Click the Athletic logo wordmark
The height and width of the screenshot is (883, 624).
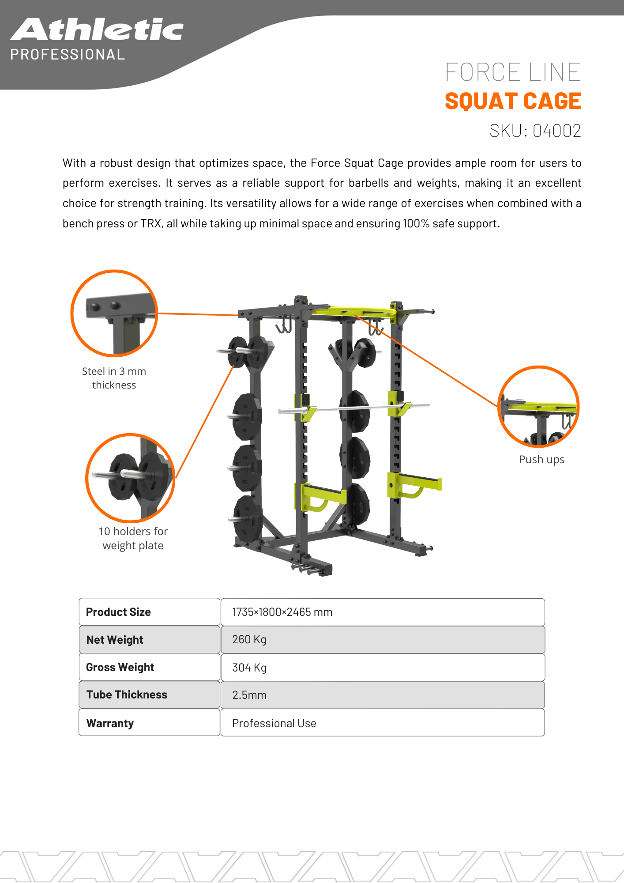point(97,30)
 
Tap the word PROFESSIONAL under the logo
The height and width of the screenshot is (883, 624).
point(68,55)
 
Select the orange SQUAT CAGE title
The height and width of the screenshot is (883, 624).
point(513,101)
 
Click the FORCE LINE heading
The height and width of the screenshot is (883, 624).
point(513,72)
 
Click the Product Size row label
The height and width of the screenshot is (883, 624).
point(118,612)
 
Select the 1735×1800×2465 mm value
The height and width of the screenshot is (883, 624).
point(282,612)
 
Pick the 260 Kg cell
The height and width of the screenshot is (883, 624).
point(249,640)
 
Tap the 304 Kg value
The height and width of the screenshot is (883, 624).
point(249,668)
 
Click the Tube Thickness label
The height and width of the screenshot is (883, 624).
point(127,695)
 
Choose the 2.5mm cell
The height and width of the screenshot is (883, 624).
point(249,695)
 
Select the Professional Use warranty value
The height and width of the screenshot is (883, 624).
point(274,723)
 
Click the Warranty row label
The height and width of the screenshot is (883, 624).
point(110,723)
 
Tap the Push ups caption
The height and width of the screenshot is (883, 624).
point(541,460)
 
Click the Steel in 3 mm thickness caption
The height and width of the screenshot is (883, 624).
point(114,378)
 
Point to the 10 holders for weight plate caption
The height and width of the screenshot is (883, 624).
point(133,538)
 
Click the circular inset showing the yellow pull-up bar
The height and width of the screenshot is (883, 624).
point(538,407)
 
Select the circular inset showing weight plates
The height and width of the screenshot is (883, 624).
point(130,478)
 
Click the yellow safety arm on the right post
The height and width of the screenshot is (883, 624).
point(417,484)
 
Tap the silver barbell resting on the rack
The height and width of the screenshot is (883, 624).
point(353,408)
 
